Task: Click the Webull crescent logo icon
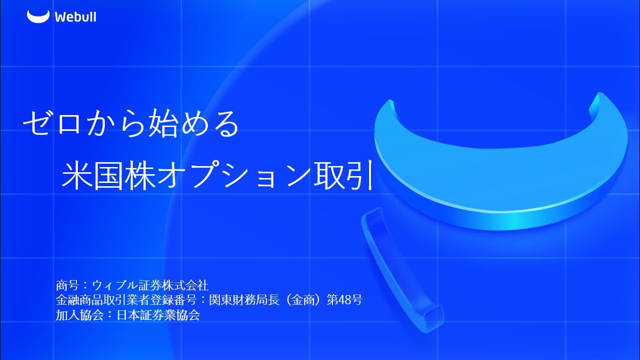coord(38,16)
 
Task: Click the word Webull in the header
coord(75,17)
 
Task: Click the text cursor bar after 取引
coord(370,177)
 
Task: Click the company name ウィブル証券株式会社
coord(150,286)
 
